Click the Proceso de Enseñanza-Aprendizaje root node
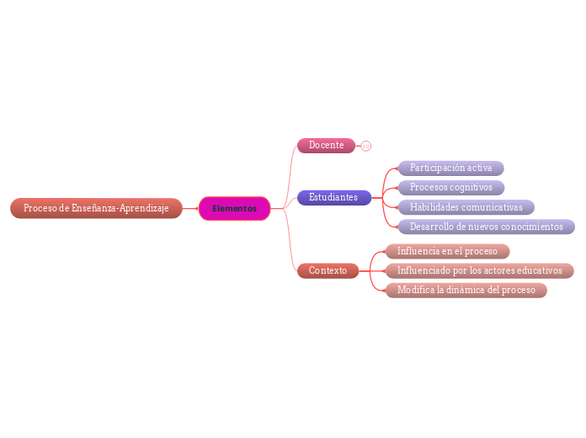click(x=96, y=208)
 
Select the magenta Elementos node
click(x=234, y=208)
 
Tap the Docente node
click(x=326, y=146)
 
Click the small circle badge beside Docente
click(x=366, y=146)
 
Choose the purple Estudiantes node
click(x=333, y=197)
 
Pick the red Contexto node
click(x=328, y=270)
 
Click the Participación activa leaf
click(x=450, y=168)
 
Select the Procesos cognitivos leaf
click(x=450, y=188)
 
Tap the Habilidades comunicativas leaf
click(x=466, y=207)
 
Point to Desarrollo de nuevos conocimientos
click(x=486, y=227)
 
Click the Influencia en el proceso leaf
click(x=447, y=251)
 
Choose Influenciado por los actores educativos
click(x=479, y=270)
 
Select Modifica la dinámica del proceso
click(x=466, y=290)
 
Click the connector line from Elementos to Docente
click(x=287, y=168)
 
